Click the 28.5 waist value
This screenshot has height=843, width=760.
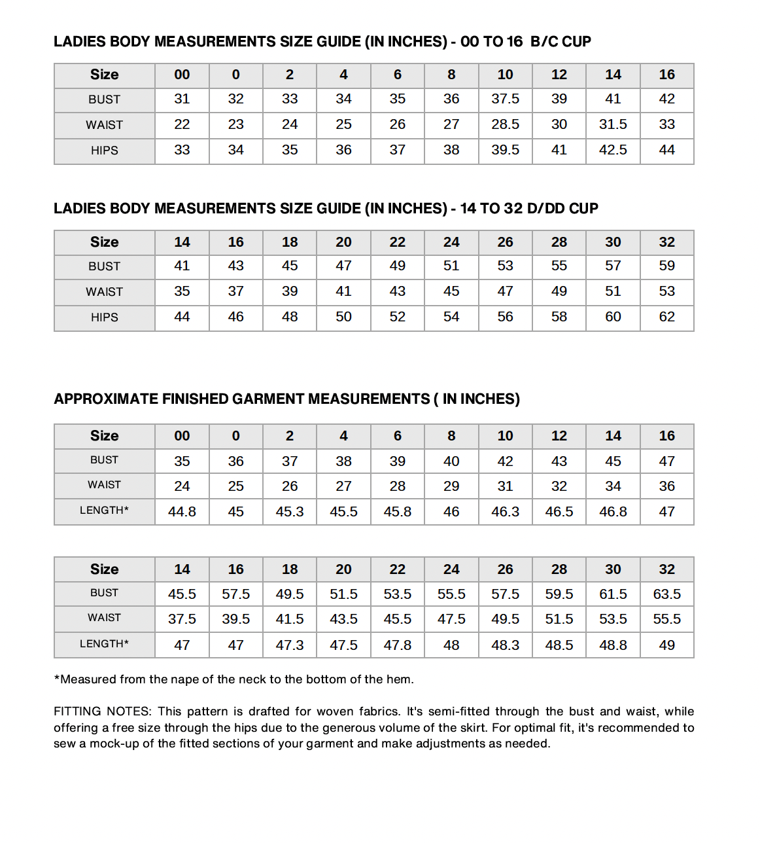(x=505, y=124)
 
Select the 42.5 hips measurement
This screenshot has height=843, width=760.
(x=613, y=150)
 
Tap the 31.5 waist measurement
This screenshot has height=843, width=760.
(x=613, y=124)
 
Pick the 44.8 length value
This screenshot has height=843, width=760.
(x=182, y=512)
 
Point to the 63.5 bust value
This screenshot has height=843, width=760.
(x=666, y=594)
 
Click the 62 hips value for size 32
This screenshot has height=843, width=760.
(x=666, y=317)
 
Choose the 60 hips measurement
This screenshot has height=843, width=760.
(x=613, y=317)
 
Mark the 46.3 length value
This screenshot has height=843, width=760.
(x=505, y=512)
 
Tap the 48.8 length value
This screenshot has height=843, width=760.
(x=613, y=645)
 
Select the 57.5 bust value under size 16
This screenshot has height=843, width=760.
(x=235, y=594)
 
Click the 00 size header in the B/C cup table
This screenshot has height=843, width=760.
(x=182, y=75)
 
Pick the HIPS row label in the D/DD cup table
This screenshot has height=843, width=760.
(x=105, y=317)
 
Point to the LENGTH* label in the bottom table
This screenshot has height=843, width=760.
(x=105, y=644)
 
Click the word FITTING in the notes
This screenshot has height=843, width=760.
(x=77, y=711)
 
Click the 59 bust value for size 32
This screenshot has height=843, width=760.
(x=666, y=266)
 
